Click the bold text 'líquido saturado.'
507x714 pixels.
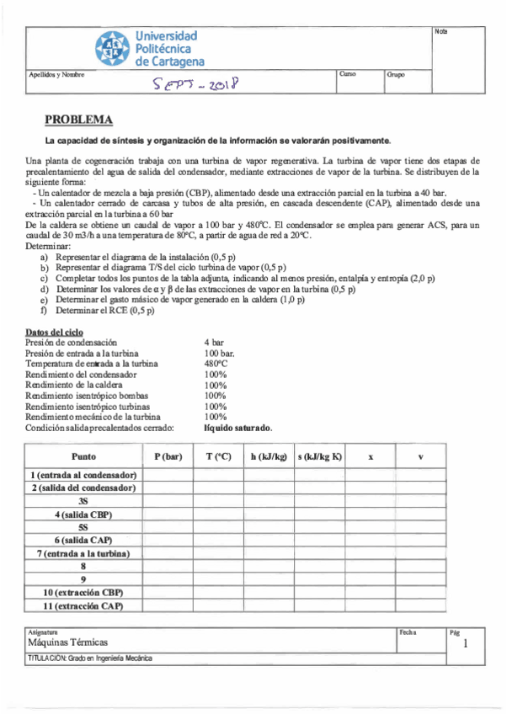238,428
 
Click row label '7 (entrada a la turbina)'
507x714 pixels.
83,553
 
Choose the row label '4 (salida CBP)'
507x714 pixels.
83,514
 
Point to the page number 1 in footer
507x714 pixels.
464,644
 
